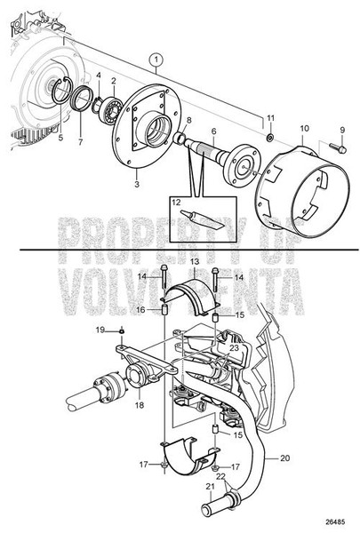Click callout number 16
coord(140,309)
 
